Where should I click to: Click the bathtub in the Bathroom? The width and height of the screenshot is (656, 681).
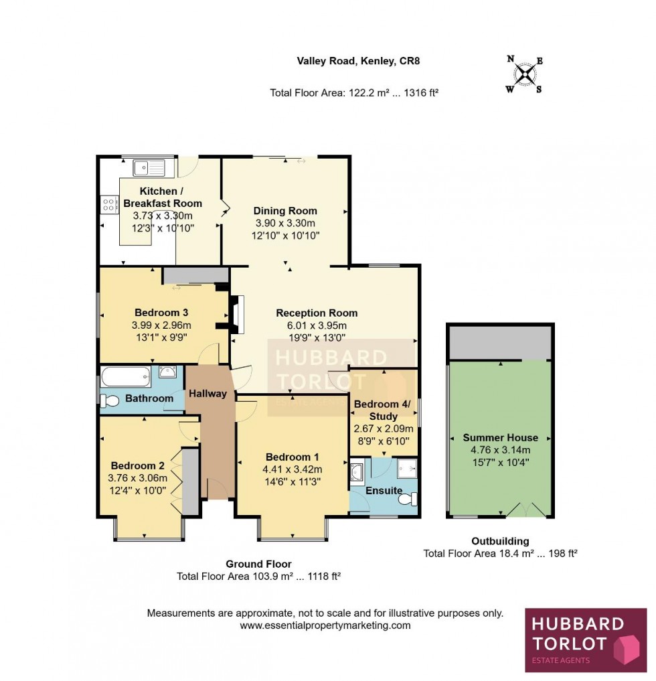tap(127, 378)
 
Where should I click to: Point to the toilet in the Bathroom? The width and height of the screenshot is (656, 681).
tap(108, 400)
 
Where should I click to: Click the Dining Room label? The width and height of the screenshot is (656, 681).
tap(285, 211)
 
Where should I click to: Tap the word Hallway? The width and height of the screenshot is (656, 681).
tap(208, 394)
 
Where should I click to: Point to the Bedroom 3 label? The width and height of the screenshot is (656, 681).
tap(161, 313)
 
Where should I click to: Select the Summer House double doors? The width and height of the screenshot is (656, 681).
tap(525, 510)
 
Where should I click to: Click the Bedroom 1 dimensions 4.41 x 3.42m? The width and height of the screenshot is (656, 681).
tap(293, 469)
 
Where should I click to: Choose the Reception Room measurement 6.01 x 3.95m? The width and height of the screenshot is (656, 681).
tap(317, 325)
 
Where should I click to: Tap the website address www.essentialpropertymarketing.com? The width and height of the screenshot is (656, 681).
tap(325, 625)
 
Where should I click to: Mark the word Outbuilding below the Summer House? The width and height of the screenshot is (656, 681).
tap(499, 541)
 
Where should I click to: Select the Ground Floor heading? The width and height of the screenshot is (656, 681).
tap(258, 564)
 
